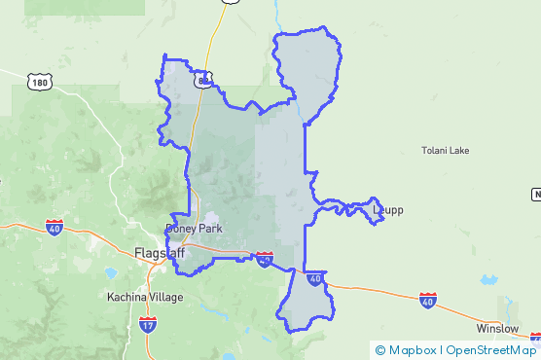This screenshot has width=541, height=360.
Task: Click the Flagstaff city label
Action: (x=159, y=253)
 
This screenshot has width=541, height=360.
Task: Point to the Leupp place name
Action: (x=387, y=209)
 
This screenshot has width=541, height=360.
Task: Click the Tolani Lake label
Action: (x=445, y=151)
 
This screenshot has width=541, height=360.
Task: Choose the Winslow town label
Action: (x=497, y=328)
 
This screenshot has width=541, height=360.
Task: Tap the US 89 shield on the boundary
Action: (x=202, y=80)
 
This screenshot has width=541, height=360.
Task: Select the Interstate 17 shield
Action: (x=147, y=323)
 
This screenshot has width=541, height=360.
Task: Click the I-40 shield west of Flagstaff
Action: (x=54, y=227)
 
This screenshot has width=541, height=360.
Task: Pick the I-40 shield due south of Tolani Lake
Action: (x=428, y=299)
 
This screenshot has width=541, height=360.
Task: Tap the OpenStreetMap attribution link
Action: (x=490, y=349)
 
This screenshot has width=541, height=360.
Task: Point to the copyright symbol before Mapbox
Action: (x=380, y=349)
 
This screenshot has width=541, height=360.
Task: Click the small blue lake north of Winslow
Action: (x=487, y=280)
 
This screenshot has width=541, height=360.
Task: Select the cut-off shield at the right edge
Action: (x=536, y=195)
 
